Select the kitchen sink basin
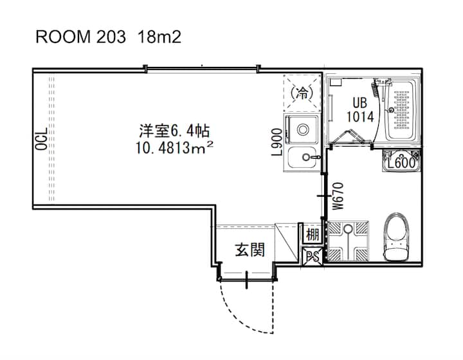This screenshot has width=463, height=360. pos(302,158)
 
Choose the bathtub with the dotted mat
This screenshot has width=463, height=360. pos(400,109)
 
